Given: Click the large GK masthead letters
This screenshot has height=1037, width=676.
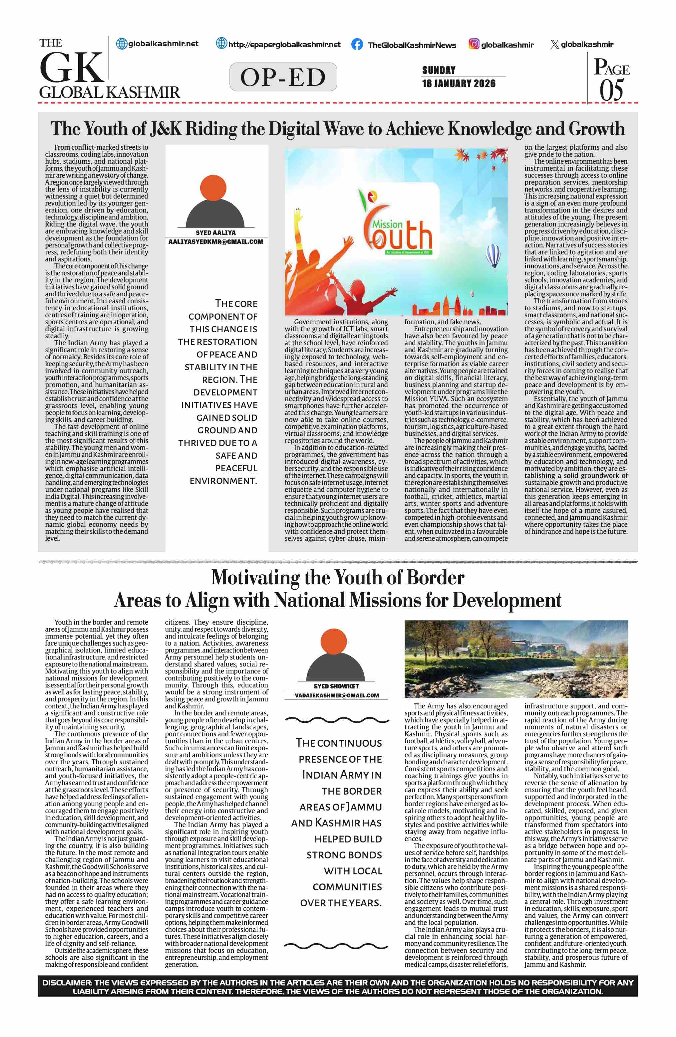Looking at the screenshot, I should [x=72, y=68].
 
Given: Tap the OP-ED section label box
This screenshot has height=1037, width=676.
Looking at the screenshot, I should [x=283, y=77].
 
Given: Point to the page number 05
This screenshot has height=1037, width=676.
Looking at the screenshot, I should [x=611, y=90].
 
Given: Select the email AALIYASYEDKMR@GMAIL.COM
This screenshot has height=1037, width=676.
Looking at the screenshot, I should [x=215, y=242].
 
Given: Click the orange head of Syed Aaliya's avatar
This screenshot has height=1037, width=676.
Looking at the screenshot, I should [x=213, y=188].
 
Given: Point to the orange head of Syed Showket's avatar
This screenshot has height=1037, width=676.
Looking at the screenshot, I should [x=334, y=641].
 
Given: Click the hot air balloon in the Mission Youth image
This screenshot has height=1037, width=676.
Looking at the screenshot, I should [x=493, y=255].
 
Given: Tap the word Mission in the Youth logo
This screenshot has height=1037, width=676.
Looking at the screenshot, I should [x=387, y=224].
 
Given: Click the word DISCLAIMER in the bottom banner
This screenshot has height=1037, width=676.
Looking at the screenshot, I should [x=66, y=982].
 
